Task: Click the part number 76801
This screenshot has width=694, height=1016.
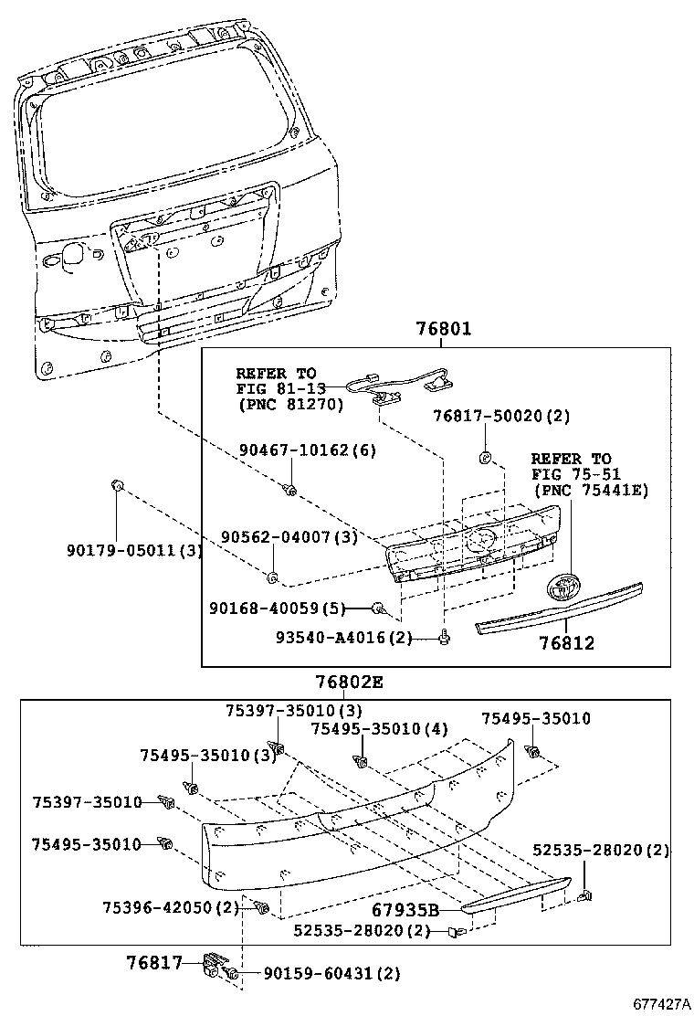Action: [444, 330]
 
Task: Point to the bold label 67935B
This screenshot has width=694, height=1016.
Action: [405, 910]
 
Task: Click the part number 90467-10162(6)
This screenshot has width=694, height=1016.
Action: [308, 450]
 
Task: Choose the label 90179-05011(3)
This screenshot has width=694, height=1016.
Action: [133, 550]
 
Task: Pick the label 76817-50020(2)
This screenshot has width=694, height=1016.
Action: [501, 416]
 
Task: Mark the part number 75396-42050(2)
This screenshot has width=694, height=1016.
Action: [170, 907]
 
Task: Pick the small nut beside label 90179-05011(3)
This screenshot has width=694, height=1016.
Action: [117, 484]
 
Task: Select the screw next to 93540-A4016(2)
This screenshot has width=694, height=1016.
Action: [444, 639]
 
